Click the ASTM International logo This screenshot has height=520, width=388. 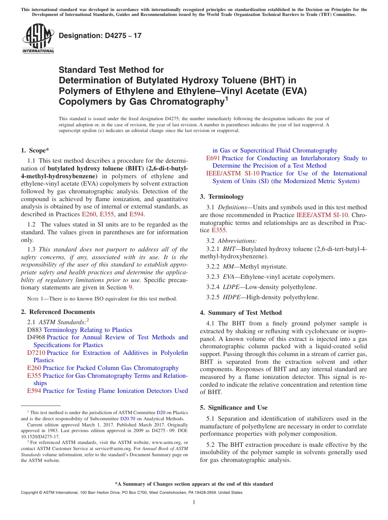coord(38,38)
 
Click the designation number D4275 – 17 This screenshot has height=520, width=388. coord(100,36)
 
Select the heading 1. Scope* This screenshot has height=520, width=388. coord(35,150)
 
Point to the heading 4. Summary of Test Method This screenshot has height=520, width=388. coord(241,313)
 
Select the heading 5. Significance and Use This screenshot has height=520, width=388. coord(234,408)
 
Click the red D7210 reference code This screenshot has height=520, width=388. coord(36,353)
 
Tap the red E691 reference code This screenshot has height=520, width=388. coord(213,158)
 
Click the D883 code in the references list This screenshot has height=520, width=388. coord(34,330)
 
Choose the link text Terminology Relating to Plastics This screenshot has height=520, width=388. coord(88,330)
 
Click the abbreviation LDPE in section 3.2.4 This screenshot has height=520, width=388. coord(231,287)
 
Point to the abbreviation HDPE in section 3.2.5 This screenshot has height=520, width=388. coord(231,297)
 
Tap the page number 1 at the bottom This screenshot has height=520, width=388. coord(194,502)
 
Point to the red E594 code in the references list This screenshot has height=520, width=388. coord(34,391)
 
